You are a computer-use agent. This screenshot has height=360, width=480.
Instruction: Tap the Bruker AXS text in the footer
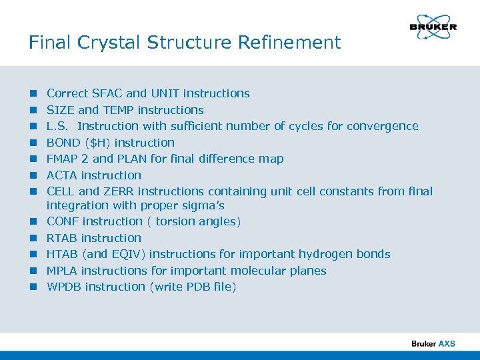pos(433,343)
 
